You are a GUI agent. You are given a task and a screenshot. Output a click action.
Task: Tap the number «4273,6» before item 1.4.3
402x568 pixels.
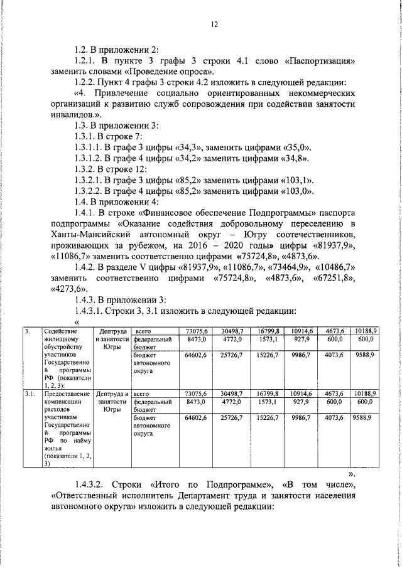pos(67,290)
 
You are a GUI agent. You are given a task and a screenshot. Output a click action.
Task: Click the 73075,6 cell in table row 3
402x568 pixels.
pos(197,331)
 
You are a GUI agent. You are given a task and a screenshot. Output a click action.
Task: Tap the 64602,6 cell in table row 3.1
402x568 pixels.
pos(197,417)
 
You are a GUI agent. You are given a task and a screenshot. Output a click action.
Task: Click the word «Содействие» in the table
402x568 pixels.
pos(61,331)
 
